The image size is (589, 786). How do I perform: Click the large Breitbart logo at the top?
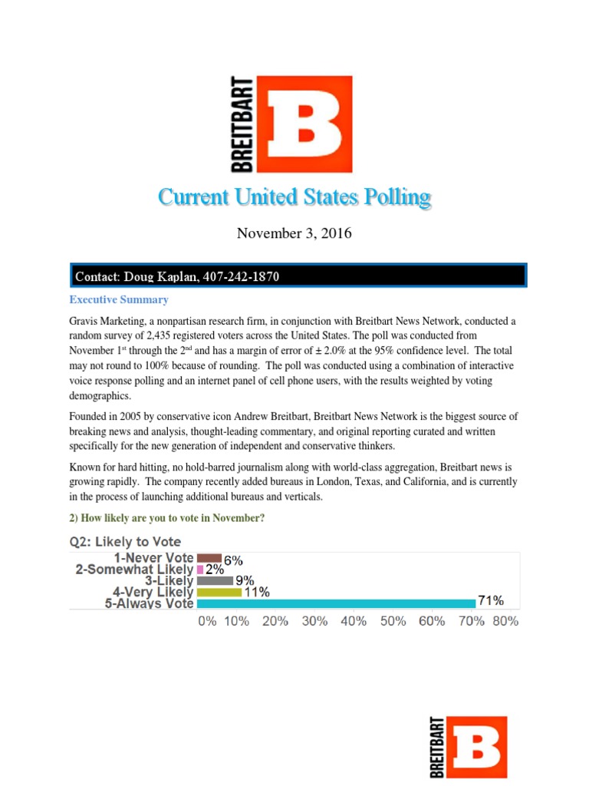point(292,124)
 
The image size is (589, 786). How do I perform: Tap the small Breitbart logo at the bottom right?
point(467,747)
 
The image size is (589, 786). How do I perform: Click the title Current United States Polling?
point(294,197)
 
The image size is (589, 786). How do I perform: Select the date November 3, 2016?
point(294,233)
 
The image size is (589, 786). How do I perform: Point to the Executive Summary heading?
point(119,299)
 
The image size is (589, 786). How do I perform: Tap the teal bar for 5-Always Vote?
point(336,603)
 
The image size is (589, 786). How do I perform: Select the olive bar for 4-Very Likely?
point(219,592)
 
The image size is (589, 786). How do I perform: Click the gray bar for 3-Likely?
point(215,580)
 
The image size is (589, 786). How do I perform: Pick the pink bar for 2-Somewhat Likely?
point(200,570)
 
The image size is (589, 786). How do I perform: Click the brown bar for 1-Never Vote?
point(209,558)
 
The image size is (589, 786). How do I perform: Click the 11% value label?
point(256,592)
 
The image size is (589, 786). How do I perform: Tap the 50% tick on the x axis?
point(393,621)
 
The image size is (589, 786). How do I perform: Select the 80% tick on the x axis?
point(505,621)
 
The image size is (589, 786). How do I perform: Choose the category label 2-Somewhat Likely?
point(134,570)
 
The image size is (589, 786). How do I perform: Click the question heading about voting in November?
point(167,518)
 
